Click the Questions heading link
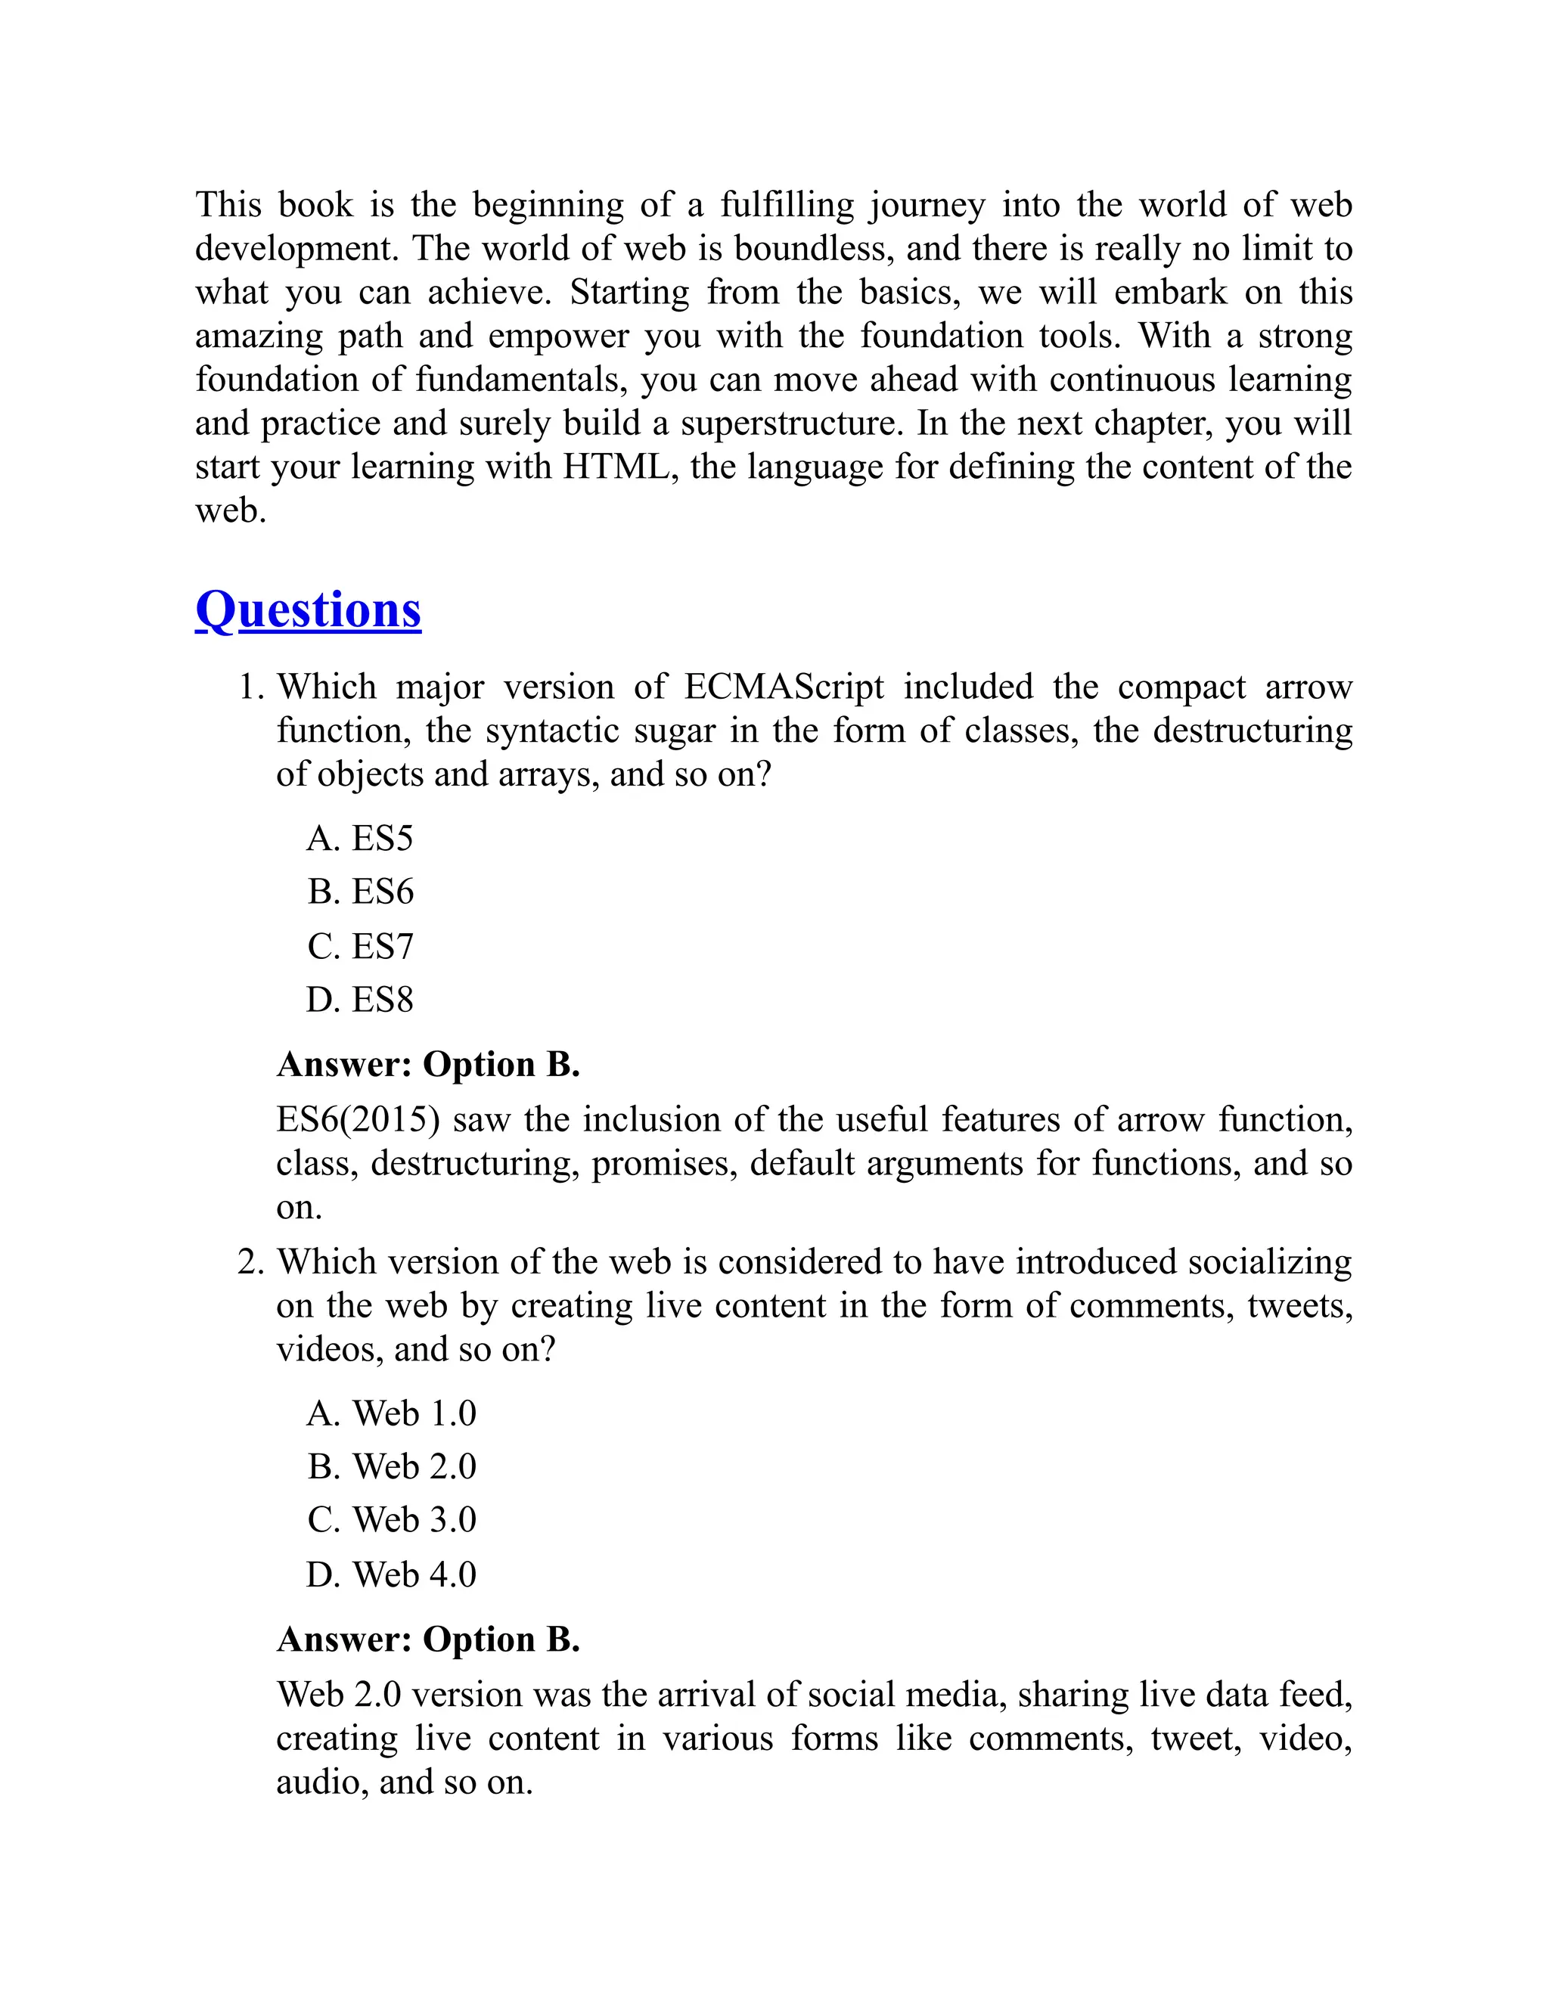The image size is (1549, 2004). (x=309, y=610)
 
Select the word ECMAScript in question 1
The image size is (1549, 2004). (x=784, y=687)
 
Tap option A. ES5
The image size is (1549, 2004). (x=360, y=838)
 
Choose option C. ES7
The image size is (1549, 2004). (x=360, y=946)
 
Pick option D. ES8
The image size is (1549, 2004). (x=360, y=999)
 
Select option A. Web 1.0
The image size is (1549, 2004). (x=392, y=1413)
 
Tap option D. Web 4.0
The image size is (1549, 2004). (x=392, y=1574)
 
